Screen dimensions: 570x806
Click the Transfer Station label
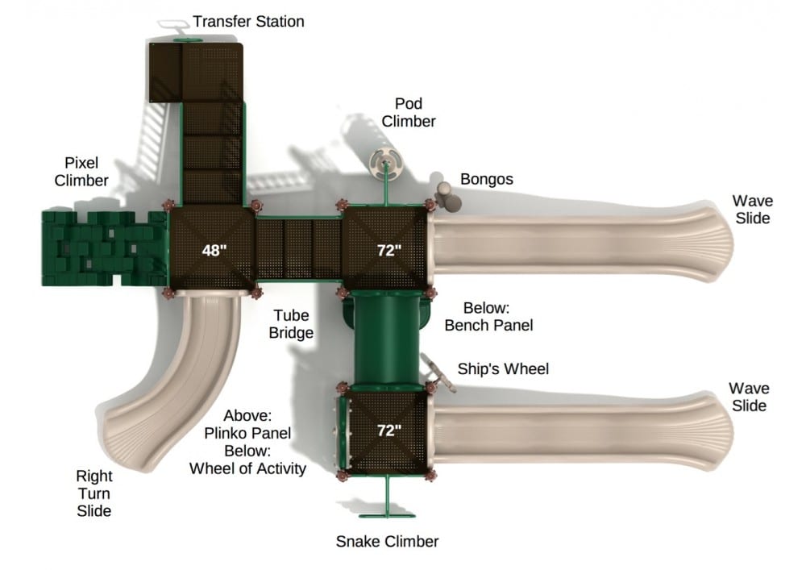tap(248, 22)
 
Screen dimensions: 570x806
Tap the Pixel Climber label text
tap(81, 172)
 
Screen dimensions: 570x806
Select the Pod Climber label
tap(409, 113)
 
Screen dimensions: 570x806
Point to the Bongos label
tap(486, 179)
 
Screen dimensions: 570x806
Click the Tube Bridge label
tap(293, 323)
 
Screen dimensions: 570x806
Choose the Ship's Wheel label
tap(503, 369)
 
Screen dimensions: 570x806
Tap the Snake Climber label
tap(387, 541)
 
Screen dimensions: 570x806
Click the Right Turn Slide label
tap(93, 493)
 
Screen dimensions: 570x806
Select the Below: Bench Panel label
tap(488, 317)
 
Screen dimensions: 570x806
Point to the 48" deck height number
tap(214, 250)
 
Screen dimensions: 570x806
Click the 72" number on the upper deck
tap(388, 250)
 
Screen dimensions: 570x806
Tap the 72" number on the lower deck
tap(388, 431)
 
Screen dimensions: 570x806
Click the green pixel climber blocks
tap(101, 248)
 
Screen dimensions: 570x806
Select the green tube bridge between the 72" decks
tap(387, 339)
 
